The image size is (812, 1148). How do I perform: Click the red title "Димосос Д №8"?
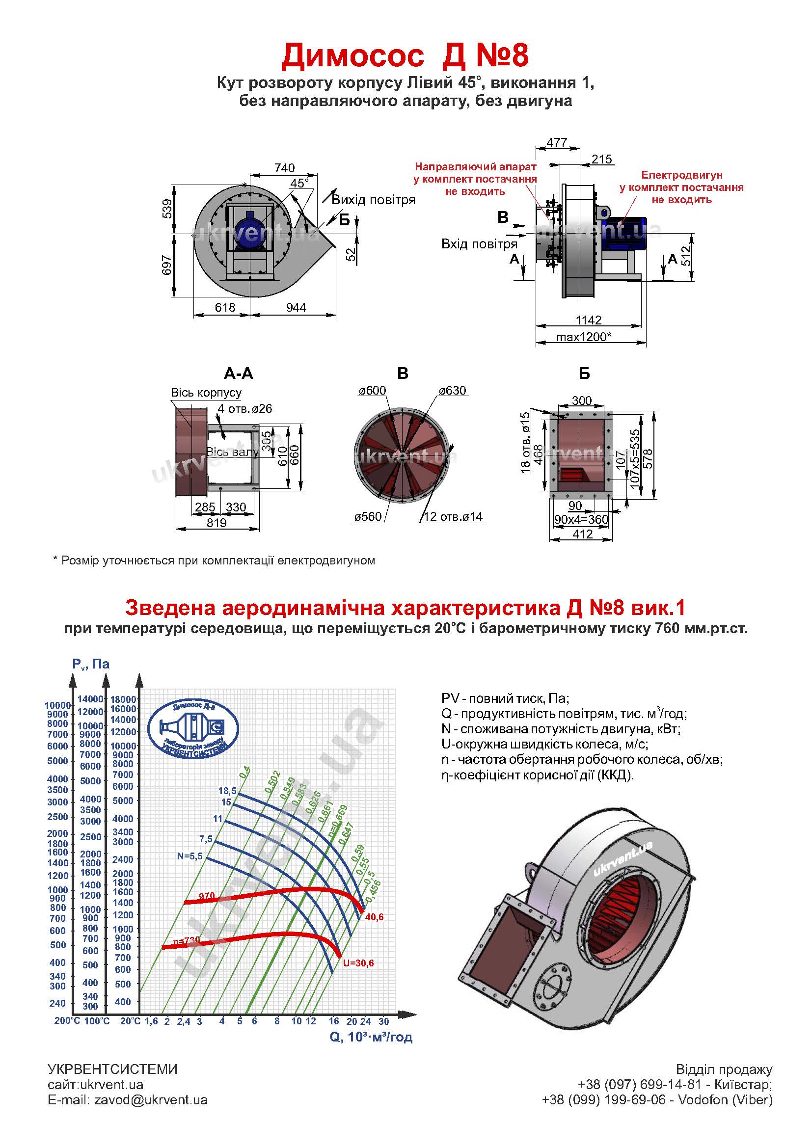click(x=405, y=56)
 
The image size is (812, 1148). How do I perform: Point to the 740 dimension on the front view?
click(x=285, y=168)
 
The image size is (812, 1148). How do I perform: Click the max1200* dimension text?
click(x=584, y=337)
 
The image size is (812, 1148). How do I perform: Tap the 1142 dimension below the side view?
click(x=589, y=320)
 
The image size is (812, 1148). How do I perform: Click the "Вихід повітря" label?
click(x=374, y=200)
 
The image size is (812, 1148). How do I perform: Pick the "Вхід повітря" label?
click(x=479, y=244)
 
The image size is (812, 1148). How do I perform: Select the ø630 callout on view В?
click(x=452, y=391)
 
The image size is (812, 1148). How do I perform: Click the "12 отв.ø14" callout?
click(x=453, y=516)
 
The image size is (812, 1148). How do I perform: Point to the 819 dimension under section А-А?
click(x=217, y=523)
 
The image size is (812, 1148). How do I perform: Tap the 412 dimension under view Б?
click(x=583, y=534)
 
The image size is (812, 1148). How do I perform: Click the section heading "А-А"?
click(x=239, y=374)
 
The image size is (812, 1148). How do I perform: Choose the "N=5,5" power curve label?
click(x=189, y=856)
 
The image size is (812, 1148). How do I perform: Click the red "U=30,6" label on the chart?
click(x=358, y=963)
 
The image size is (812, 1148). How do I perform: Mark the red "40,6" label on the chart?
click(x=374, y=917)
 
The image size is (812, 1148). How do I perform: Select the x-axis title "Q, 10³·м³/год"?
click(x=371, y=1037)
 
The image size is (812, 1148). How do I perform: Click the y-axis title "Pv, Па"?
click(x=90, y=664)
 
